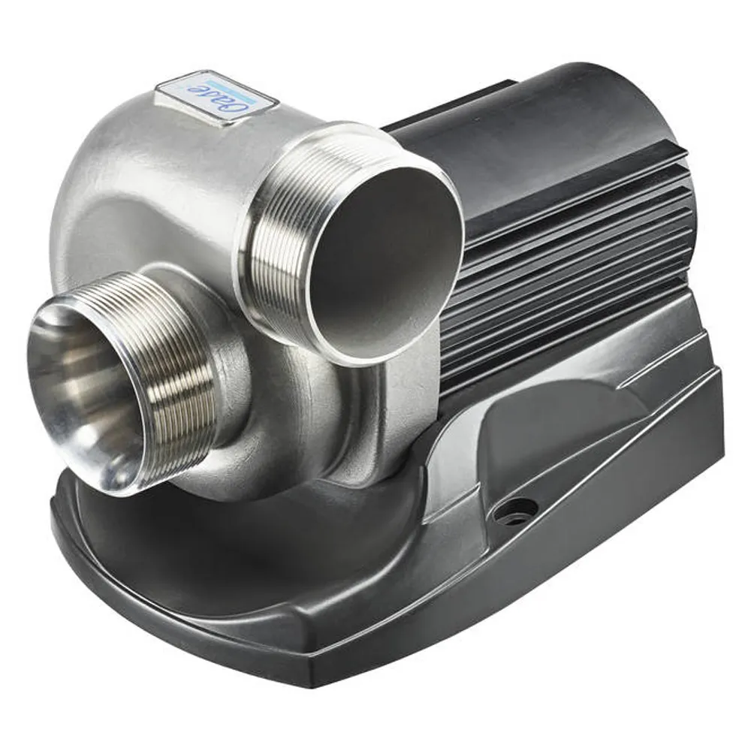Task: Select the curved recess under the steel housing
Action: tap(248, 526)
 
